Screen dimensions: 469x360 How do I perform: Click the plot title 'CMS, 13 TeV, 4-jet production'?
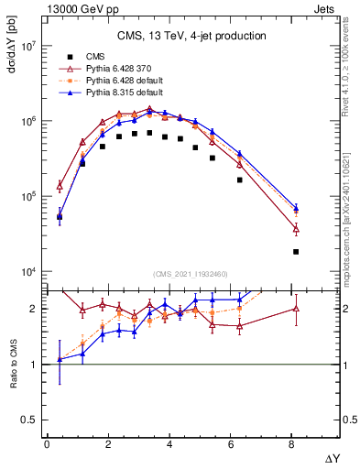(191, 37)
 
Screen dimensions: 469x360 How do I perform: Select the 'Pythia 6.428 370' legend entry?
(119, 69)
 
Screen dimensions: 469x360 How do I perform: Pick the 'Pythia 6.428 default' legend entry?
(122, 81)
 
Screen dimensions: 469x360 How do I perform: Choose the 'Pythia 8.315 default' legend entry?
(122, 93)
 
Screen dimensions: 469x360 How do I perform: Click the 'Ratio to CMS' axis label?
(13, 363)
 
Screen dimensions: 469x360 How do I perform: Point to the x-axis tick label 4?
(170, 443)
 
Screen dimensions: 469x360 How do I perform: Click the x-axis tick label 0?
(47, 443)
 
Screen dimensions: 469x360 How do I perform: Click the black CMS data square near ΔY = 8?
(295, 252)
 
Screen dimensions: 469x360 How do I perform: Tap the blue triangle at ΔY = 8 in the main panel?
(295, 208)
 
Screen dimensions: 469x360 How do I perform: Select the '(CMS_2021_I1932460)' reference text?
(191, 274)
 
